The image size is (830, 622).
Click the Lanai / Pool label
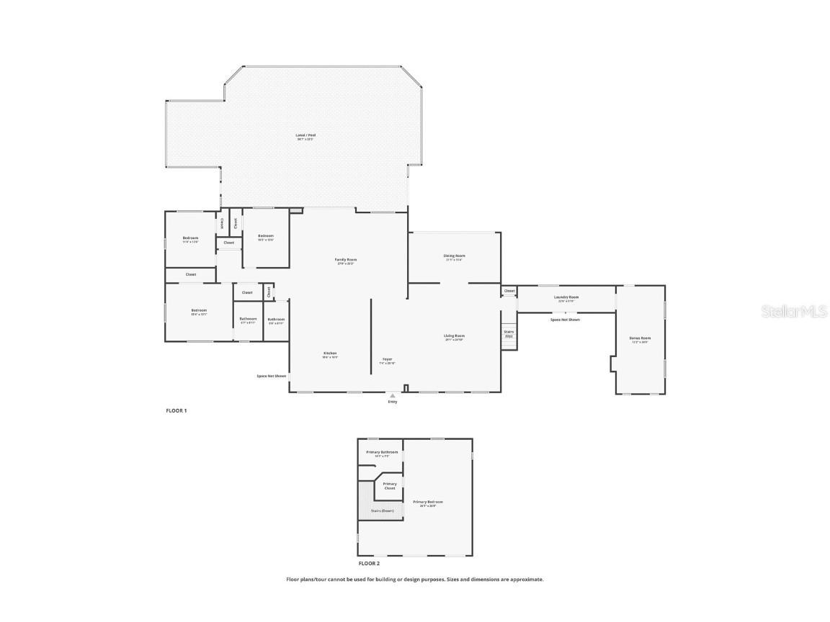tap(305, 135)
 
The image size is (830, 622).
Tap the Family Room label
tap(346, 260)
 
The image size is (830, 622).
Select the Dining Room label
tap(454, 256)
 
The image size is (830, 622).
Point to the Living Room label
tap(454, 336)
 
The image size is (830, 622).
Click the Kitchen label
tap(330, 353)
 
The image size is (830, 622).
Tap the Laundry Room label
tap(566, 297)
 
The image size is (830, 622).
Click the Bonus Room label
tap(640, 338)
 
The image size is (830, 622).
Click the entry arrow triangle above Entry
tap(393, 395)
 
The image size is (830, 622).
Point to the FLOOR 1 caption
tap(177, 410)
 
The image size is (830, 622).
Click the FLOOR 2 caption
tap(368, 564)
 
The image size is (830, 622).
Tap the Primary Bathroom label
tap(382, 453)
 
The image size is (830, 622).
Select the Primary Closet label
tap(390, 486)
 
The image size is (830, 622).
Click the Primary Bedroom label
tap(428, 502)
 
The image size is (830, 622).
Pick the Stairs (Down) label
tap(383, 510)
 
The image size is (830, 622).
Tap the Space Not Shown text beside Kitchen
tap(272, 376)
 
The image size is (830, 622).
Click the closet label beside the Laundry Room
tap(509, 291)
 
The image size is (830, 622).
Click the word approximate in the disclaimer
tap(526, 579)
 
